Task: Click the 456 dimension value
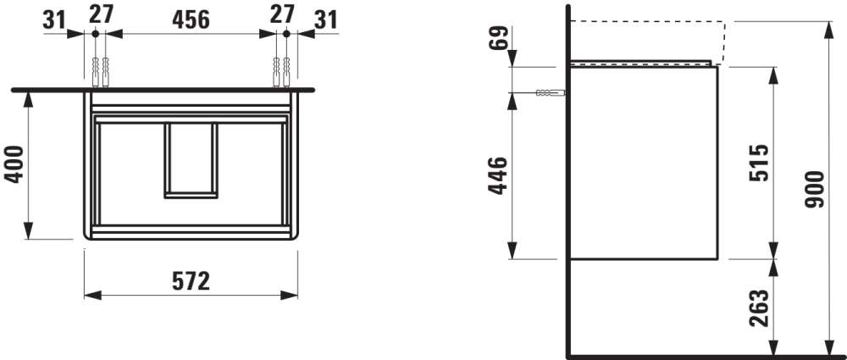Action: tap(191, 20)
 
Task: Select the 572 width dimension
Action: tap(191, 281)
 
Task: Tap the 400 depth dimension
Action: tap(14, 163)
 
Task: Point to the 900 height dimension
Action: tap(813, 189)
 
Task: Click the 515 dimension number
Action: tap(760, 163)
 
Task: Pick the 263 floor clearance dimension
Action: tap(760, 308)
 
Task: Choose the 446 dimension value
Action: tap(498, 175)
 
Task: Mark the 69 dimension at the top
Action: tap(499, 38)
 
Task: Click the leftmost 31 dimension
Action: tap(54, 20)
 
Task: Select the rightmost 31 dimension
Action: tap(326, 20)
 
